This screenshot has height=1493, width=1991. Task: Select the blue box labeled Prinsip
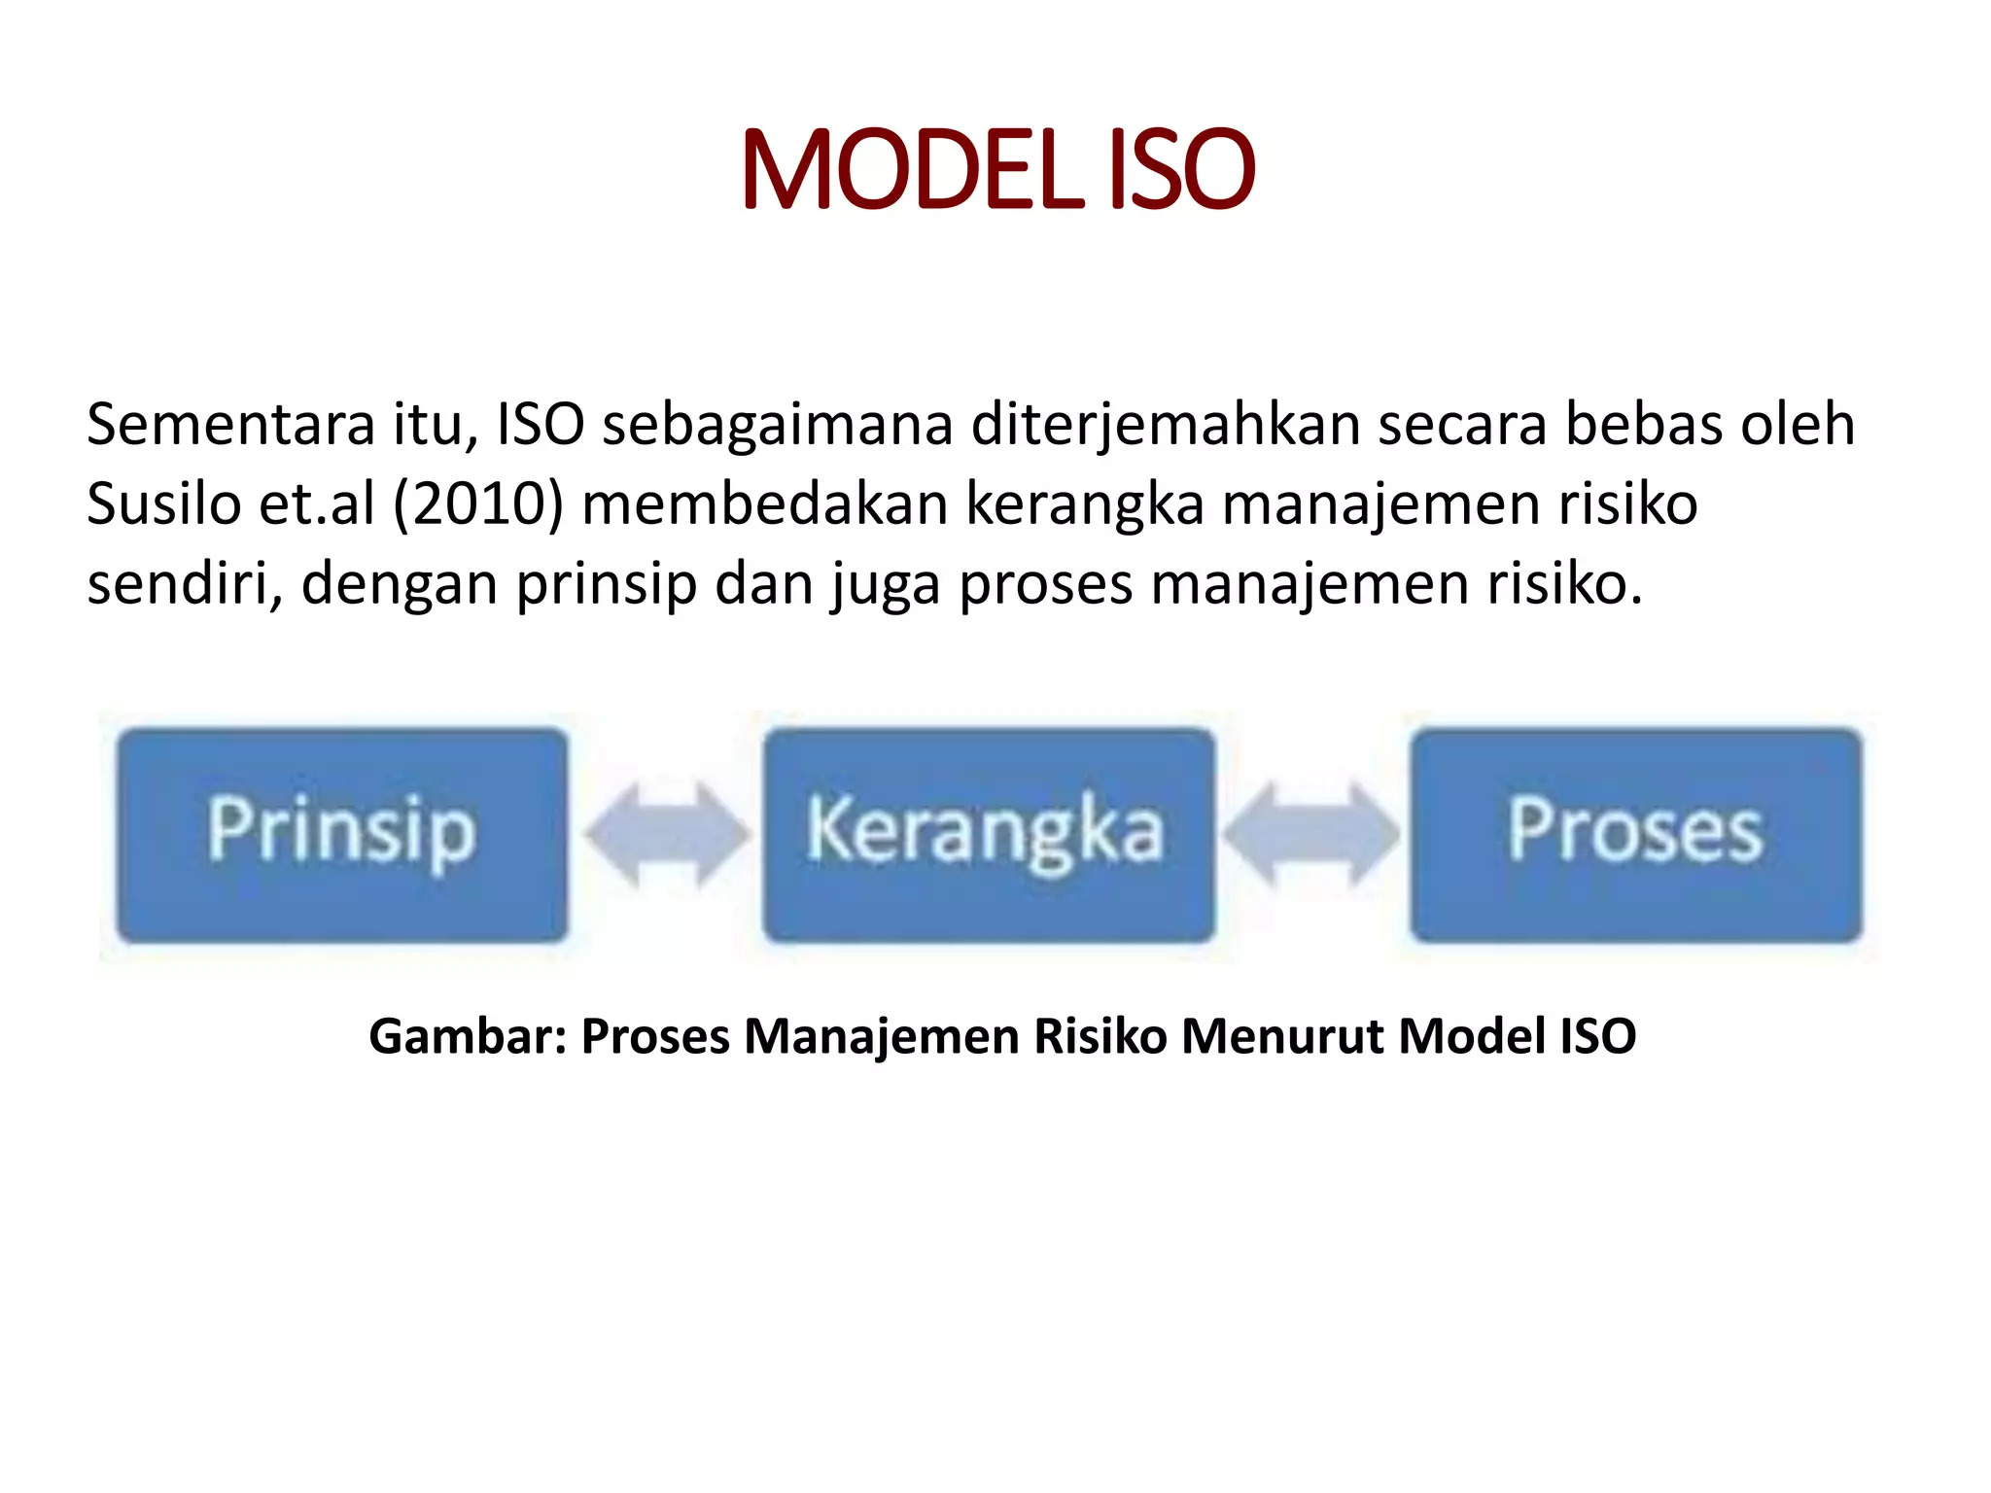341,835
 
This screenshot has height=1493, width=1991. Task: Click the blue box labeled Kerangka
989,835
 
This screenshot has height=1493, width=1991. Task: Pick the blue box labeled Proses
1636,835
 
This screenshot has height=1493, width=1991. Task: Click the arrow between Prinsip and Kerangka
667,835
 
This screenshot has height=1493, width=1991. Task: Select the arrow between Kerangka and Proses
1310,835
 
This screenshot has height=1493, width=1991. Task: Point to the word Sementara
230,425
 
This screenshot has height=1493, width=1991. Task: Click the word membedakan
764,504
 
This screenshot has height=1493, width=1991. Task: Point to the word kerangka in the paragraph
1084,504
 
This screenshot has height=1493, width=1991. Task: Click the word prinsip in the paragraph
607,584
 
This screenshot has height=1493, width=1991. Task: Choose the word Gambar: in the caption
468,1036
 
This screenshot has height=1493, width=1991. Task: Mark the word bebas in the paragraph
1642,425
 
